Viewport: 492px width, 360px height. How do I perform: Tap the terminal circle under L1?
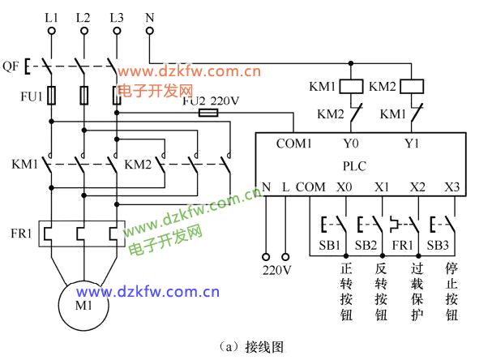coord(52,32)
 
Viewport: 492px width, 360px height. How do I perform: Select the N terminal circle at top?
coord(149,32)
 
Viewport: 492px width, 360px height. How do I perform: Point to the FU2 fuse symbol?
coord(208,114)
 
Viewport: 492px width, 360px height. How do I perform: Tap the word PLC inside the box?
coord(355,166)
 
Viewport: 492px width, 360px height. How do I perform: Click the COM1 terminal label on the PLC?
coord(293,144)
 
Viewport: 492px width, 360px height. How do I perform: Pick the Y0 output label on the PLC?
coord(352,144)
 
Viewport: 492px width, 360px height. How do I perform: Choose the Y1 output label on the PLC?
coord(412,144)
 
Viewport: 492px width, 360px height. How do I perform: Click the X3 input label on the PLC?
coord(451,187)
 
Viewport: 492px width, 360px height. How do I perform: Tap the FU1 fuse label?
coord(31,96)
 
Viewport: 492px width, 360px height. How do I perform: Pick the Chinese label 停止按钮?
coord(452,290)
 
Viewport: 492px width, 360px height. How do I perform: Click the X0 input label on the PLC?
coord(344,187)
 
